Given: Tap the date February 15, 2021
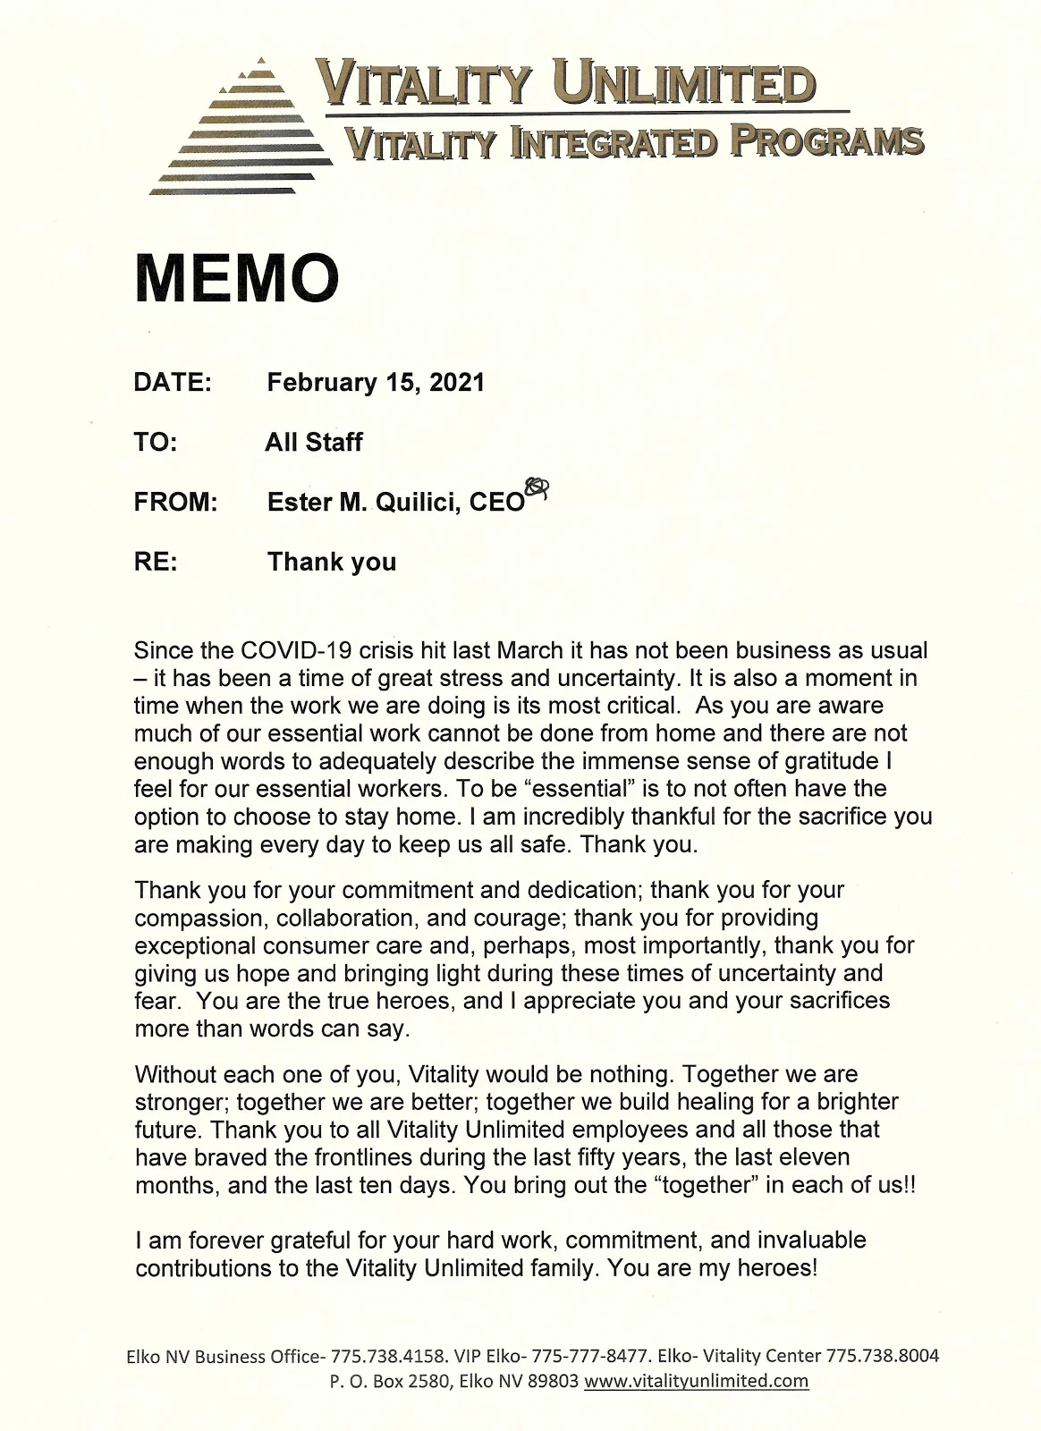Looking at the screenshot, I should (x=376, y=383).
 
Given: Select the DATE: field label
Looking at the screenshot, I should (x=173, y=383).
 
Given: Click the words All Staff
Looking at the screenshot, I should (x=314, y=442).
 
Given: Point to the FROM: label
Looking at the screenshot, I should (x=176, y=502).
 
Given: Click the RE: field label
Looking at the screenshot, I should (x=156, y=562).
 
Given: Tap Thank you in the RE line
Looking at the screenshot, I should (x=332, y=562).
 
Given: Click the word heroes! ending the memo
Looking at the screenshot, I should (x=777, y=1268).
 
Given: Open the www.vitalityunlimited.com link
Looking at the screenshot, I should (x=696, y=1381).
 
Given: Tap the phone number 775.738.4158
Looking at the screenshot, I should (x=387, y=1356).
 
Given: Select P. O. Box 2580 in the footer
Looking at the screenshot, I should (x=391, y=1381).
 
